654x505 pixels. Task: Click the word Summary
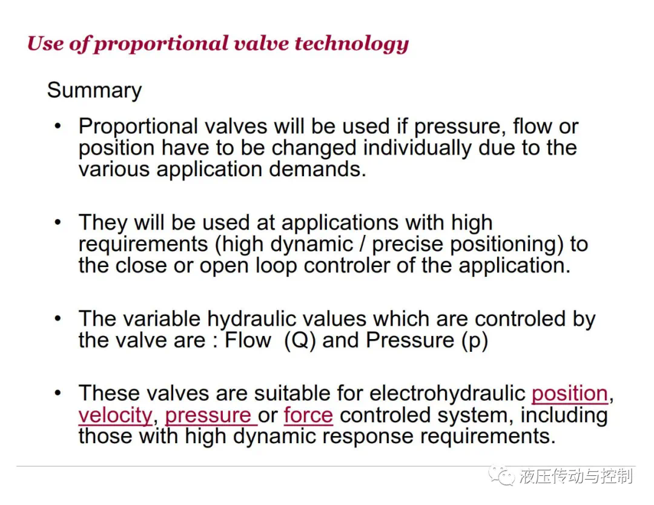point(94,90)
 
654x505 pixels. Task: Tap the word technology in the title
point(352,44)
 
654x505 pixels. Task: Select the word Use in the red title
point(45,44)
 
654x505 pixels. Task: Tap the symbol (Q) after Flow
point(300,340)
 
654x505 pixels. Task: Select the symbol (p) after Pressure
point(475,341)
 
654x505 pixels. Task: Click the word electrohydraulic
point(447,393)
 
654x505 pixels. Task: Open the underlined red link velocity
point(116,415)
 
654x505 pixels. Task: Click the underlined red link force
point(308,415)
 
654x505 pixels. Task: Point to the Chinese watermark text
point(576,476)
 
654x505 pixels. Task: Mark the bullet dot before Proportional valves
point(58,125)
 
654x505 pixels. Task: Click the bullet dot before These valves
point(58,393)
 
